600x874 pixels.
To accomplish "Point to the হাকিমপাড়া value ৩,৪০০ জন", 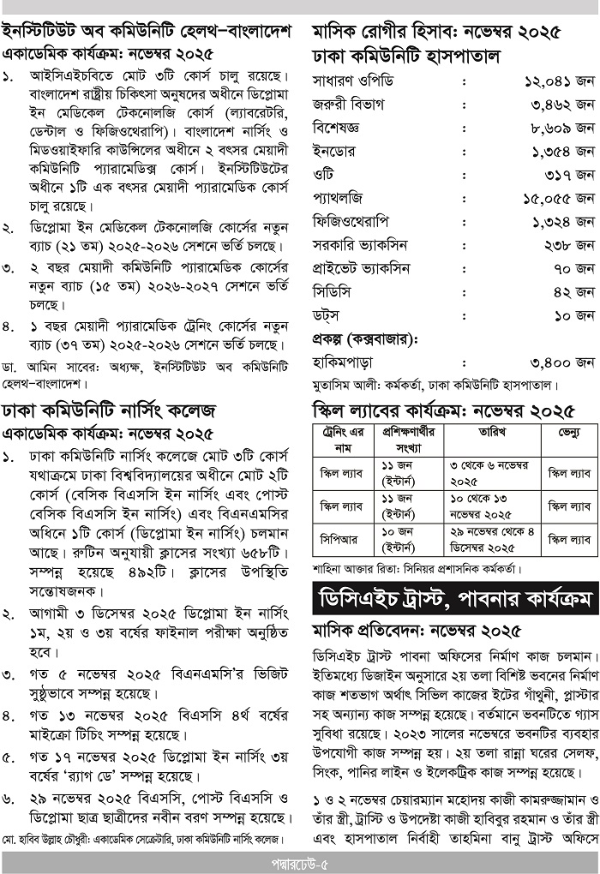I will pyautogui.click(x=559, y=362).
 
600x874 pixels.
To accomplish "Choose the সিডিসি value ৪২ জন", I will pyautogui.click(x=574, y=292).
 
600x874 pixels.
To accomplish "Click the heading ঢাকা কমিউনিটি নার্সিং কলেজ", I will pyautogui.click(x=108, y=407).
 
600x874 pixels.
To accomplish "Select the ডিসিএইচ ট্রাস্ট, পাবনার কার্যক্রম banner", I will pyautogui.click(x=455, y=597).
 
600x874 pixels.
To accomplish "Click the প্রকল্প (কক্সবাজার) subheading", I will pyautogui.click(x=363, y=338).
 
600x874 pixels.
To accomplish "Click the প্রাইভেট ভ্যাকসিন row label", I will pyautogui.click(x=360, y=268).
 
